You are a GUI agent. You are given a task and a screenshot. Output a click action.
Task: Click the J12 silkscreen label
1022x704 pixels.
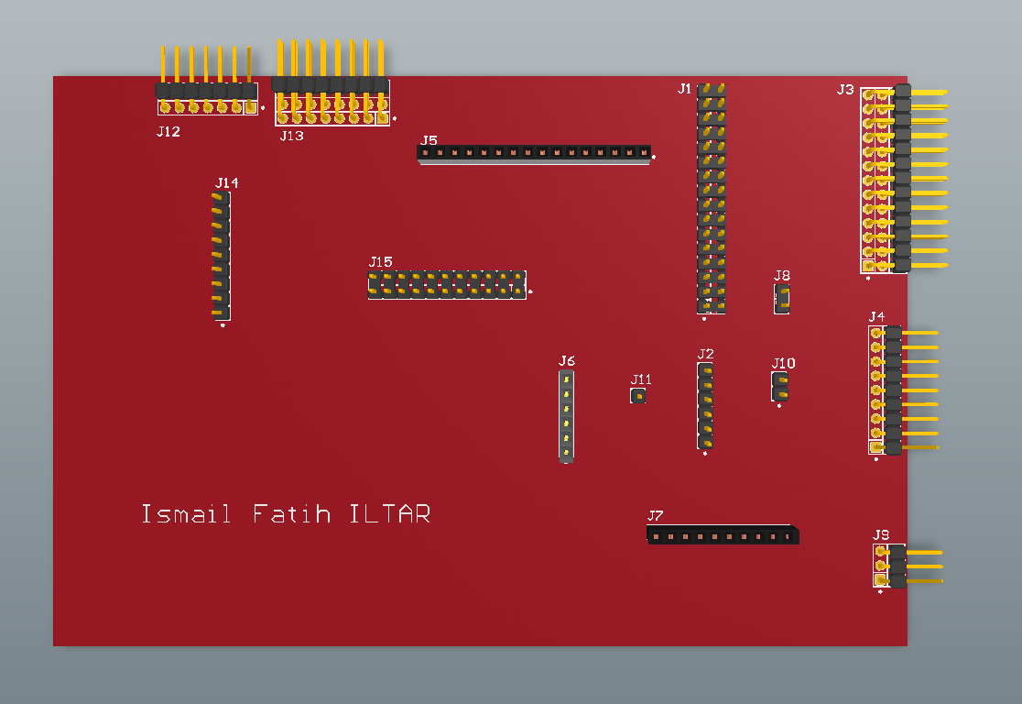pos(169,132)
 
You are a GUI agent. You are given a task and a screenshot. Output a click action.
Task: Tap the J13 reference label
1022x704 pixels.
pos(291,136)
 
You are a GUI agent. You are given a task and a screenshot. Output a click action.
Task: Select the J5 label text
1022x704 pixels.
pos(429,141)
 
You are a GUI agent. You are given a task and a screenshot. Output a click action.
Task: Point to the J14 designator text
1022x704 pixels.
pos(226,183)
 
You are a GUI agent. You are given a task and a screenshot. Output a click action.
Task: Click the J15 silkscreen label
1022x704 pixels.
pos(381,262)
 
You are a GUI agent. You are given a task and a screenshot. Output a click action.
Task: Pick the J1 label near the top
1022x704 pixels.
pos(685,89)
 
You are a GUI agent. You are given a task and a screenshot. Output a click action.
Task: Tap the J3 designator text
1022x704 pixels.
pos(845,90)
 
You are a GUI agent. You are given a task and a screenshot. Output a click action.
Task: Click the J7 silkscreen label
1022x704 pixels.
pos(655,516)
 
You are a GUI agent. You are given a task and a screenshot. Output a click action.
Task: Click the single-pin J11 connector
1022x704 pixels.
pos(638,396)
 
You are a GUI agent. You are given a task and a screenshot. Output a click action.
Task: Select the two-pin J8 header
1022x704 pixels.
pos(781,298)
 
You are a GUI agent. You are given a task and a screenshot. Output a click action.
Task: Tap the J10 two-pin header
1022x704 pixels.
pos(780,386)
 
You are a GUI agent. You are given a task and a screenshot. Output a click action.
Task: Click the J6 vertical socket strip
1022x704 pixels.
pos(567,416)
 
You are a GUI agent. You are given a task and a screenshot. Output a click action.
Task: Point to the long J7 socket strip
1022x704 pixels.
pos(722,534)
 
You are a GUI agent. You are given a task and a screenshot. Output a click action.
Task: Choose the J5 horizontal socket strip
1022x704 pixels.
pos(534,153)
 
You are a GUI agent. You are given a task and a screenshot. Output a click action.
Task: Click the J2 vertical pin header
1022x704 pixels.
pos(705,405)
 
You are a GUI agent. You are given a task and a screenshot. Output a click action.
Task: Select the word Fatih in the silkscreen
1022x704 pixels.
pos(291,514)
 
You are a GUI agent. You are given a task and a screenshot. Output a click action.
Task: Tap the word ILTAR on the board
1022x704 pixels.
pos(389,514)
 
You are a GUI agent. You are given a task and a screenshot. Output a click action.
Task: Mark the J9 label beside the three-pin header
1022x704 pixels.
pos(881,534)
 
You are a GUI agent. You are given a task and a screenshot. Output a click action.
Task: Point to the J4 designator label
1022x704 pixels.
pos(876,317)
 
